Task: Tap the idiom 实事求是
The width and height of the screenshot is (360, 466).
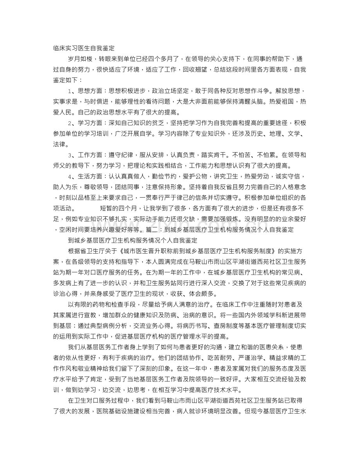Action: [65, 102]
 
